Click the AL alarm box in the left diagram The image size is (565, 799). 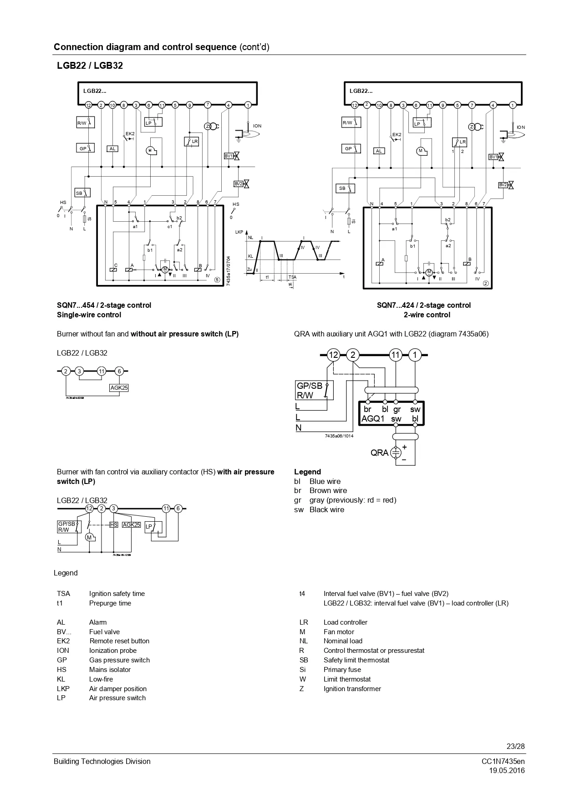pos(112,148)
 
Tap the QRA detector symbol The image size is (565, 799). pos(396,453)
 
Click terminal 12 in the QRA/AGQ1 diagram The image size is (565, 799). pos(334,355)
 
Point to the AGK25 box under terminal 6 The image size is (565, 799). pos(119,388)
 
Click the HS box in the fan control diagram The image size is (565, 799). pos(114,525)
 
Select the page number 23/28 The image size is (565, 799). pos(515,746)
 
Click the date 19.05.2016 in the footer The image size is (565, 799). pos(507,770)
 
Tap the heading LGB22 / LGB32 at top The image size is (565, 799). pos(90,66)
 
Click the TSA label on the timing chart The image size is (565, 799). pos(292,277)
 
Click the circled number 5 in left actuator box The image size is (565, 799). pos(217,280)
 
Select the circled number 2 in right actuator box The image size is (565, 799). pos(485,284)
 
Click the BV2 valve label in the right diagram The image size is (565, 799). pos(503,185)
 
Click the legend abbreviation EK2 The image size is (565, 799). pos(63,641)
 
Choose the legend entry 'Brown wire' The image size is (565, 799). pos(328,490)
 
